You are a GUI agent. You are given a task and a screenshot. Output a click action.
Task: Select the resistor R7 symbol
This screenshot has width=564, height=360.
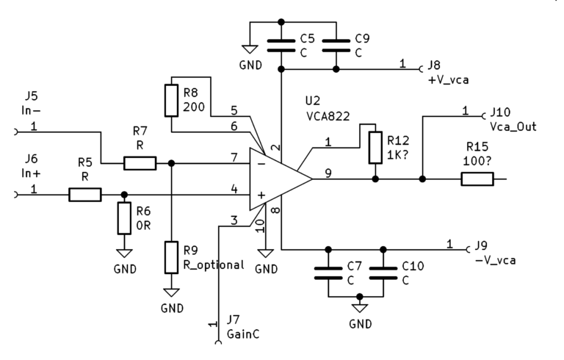coord(140,162)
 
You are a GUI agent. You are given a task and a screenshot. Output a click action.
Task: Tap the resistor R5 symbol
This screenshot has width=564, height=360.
coord(85,195)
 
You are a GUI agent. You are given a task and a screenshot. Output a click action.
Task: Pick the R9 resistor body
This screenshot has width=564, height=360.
coord(171,256)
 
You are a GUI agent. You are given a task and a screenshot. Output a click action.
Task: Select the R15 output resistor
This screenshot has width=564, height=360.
coord(477,178)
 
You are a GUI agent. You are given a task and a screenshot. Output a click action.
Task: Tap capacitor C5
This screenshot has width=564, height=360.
coord(281,45)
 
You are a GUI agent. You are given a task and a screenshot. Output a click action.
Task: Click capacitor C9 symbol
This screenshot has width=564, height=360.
coord(336,45)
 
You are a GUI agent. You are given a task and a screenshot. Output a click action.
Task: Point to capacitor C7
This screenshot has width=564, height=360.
coord(328,273)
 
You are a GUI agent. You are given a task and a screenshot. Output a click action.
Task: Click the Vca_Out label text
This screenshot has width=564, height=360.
coord(513,126)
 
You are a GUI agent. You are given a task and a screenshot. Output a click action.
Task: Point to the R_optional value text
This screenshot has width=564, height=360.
coord(213,265)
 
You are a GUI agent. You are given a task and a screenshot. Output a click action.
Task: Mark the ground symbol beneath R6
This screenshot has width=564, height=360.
coord(123,252)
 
